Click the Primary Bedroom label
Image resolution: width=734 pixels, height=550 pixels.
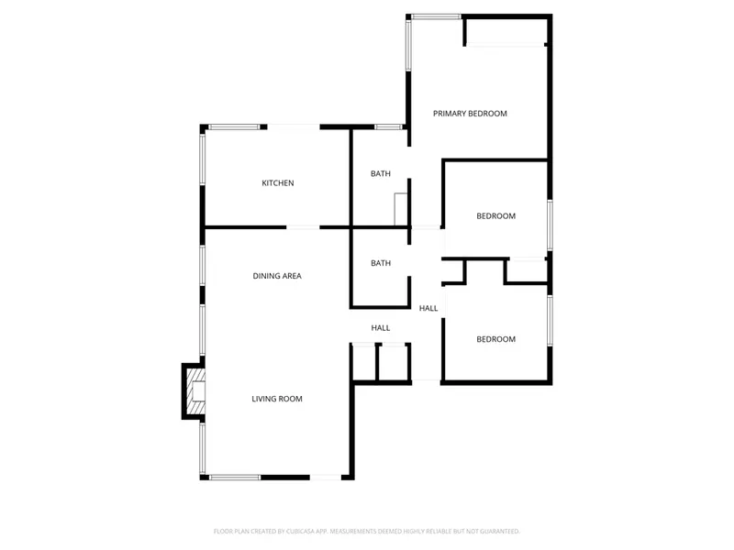coord(470,114)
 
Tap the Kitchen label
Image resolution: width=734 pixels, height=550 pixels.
coord(278,183)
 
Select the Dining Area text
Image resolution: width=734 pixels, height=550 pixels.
coord(277,276)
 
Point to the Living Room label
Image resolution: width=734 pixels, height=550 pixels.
coord(277,399)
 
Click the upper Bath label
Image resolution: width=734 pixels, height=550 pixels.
coord(381,174)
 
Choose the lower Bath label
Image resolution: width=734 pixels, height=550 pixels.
coord(381,263)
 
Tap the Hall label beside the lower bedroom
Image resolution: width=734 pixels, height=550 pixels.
coord(428,308)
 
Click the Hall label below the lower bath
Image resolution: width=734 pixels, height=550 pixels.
coord(381,327)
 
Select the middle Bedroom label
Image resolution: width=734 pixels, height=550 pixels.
coord(495,216)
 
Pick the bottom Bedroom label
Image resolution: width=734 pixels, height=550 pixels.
coord(495,339)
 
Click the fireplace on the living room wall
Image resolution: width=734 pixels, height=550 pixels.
coord(194,391)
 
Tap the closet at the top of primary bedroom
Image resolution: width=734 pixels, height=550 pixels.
coord(506,31)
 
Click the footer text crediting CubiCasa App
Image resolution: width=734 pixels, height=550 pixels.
coord(367,531)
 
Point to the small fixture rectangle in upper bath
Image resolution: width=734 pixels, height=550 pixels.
coord(401,209)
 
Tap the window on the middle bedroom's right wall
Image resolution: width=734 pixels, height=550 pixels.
coord(550,225)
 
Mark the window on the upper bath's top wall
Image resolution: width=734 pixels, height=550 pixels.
coord(389,126)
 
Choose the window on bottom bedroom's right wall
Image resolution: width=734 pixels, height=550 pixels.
coord(550,321)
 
